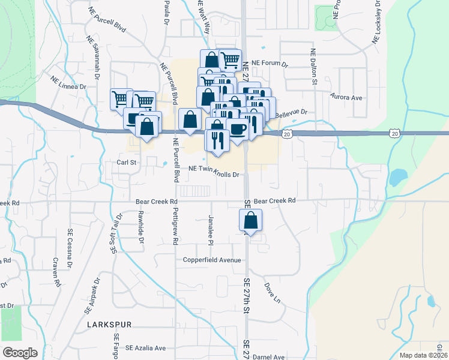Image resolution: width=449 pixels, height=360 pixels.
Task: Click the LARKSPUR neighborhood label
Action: [x=109, y=324]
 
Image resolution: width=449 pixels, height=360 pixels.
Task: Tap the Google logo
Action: [x=20, y=353]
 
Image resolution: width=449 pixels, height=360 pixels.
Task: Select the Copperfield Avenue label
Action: [x=212, y=260]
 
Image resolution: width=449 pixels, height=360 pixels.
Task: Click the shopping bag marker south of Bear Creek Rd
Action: [x=251, y=220]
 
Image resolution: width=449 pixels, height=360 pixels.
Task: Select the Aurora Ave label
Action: [x=347, y=97]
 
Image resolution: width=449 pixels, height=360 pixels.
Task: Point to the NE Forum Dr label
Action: [x=270, y=63]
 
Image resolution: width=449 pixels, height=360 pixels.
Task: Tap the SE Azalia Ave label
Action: [x=145, y=348]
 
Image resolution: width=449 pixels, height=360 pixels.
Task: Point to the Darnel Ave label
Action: [x=268, y=356]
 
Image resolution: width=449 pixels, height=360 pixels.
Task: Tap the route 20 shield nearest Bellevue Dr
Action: [x=288, y=133]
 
